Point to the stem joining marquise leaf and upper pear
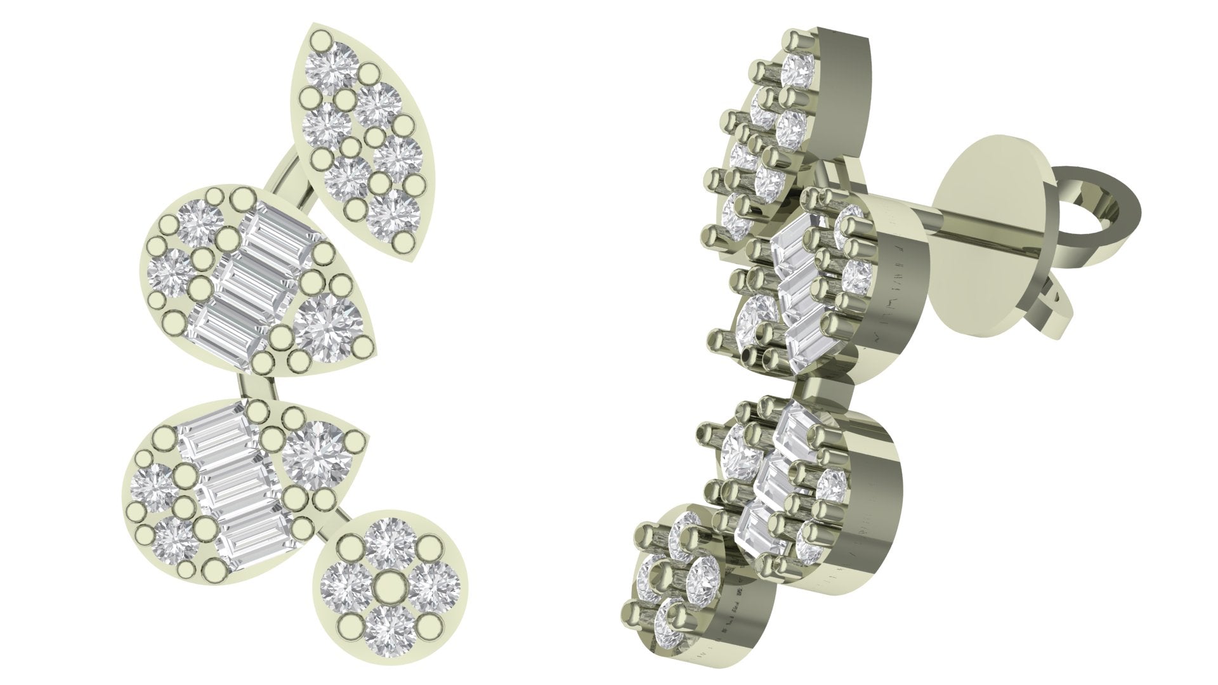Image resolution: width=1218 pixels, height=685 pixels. pos(289,167)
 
